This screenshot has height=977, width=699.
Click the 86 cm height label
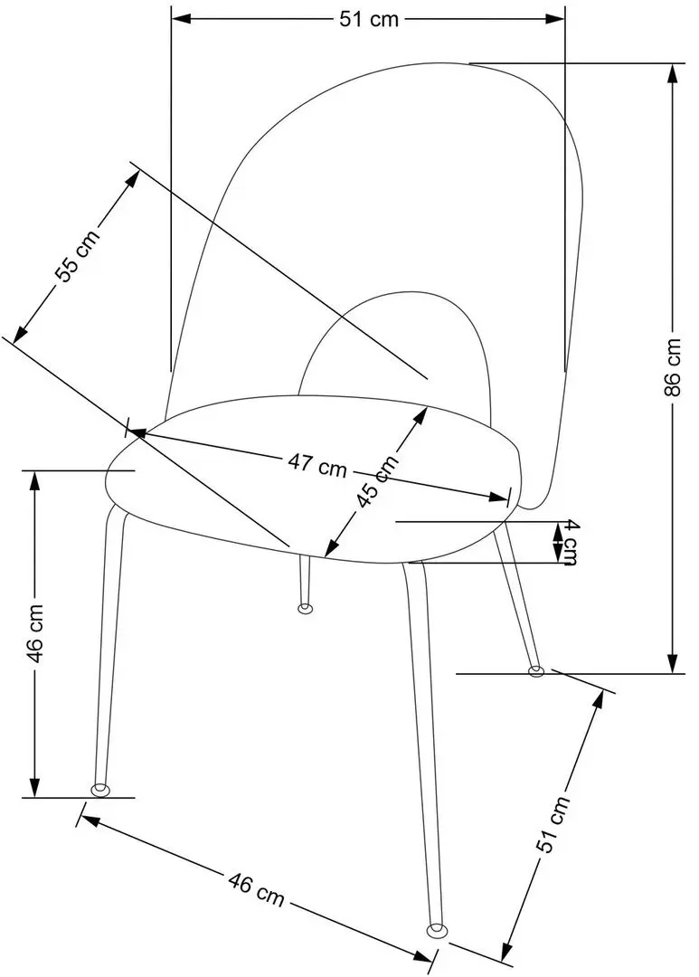[673, 367]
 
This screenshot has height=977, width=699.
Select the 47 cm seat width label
[316, 465]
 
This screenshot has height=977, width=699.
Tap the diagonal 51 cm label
[552, 824]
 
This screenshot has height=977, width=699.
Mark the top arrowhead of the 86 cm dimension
[672, 72]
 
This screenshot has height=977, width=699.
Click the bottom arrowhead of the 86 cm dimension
[672, 664]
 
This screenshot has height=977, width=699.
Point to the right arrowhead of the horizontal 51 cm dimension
[555, 19]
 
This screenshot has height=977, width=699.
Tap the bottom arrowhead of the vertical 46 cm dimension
[35, 787]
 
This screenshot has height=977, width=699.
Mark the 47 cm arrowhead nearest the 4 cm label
[500, 497]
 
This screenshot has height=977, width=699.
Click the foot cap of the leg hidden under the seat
[305, 608]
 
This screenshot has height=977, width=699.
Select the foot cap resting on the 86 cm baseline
[535, 671]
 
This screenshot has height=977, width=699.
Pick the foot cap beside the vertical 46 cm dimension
[99, 790]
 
